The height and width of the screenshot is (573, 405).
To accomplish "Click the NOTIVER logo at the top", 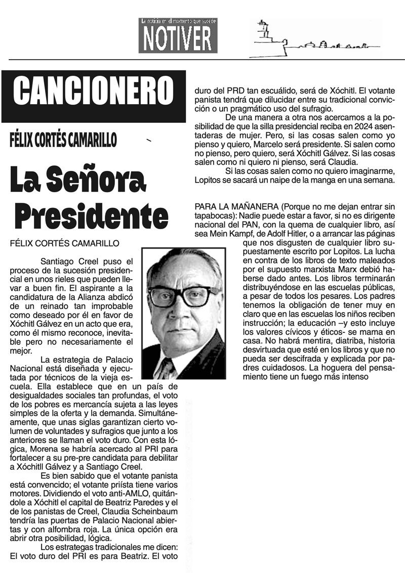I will point(178,35).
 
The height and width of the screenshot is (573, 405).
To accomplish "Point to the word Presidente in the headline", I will point(91,216).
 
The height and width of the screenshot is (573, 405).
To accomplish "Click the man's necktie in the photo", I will point(168,368).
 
